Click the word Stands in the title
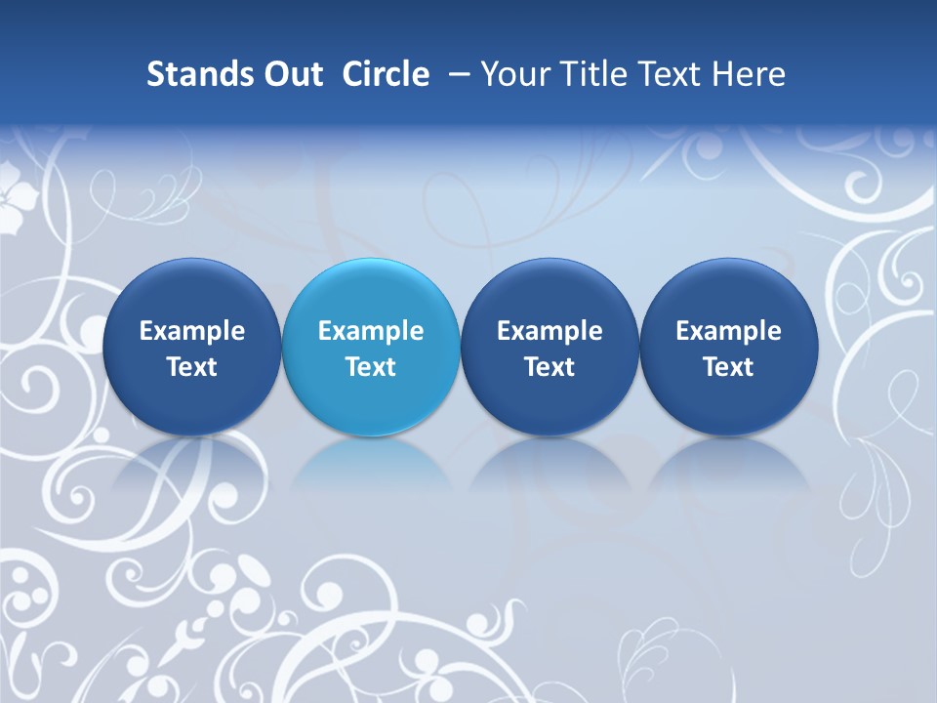click(199, 74)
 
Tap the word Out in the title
click(292, 74)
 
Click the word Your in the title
click(513, 74)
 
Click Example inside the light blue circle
click(371, 331)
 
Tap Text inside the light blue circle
click(371, 367)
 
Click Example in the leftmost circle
click(191, 331)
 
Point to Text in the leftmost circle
click(191, 367)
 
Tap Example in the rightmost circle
click(728, 331)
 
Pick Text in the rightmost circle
click(728, 367)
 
